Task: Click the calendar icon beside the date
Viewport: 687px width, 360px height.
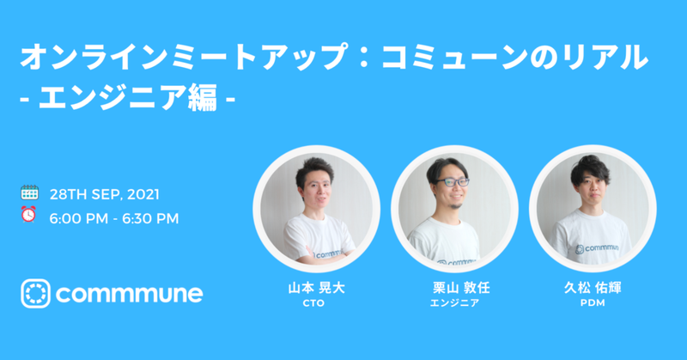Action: click(x=29, y=192)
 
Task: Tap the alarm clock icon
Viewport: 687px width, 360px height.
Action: click(x=28, y=215)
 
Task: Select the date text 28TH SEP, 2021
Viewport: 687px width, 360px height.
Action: click(x=104, y=194)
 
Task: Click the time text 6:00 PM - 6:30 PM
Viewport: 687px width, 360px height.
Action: click(x=114, y=218)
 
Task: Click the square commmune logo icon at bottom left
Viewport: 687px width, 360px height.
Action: click(x=35, y=293)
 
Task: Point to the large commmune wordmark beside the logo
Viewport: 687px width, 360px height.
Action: click(x=130, y=294)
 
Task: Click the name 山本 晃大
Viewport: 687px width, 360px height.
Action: click(x=316, y=288)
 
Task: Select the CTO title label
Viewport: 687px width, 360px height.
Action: click(x=313, y=303)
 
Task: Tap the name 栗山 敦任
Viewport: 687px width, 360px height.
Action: click(x=461, y=288)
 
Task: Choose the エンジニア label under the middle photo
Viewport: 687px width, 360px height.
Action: click(x=454, y=303)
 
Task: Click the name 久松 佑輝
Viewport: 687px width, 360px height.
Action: click(x=593, y=288)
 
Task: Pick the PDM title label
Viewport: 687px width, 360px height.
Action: click(x=593, y=303)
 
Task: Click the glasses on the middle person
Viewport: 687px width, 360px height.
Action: click(x=453, y=182)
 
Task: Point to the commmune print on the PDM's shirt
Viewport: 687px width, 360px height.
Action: click(x=597, y=248)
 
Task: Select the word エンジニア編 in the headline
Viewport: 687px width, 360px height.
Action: click(x=128, y=97)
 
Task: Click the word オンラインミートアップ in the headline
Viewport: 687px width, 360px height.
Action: click(x=184, y=57)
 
